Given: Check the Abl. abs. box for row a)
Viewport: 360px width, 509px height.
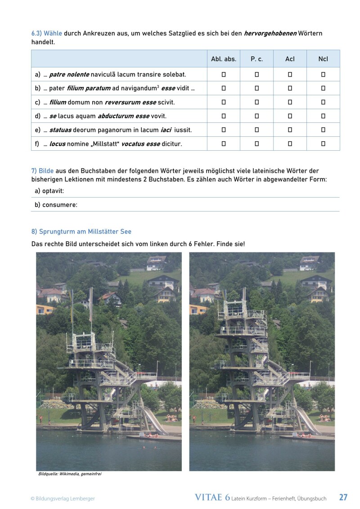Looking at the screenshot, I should pyautogui.click(x=224, y=74).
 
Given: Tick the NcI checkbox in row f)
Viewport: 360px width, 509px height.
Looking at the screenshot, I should pyautogui.click(x=323, y=144).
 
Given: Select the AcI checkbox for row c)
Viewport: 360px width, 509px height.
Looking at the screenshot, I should pyautogui.click(x=290, y=102).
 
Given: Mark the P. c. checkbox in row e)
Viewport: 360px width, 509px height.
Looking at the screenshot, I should pyautogui.click(x=256, y=130).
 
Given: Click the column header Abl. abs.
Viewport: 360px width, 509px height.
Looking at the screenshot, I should pyautogui.click(x=224, y=59).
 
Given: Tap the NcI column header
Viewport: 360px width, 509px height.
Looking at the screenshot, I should pyautogui.click(x=323, y=59).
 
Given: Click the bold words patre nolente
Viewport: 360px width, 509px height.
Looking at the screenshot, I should pyautogui.click(x=70, y=74).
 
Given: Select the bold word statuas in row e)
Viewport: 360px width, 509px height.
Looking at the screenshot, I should pyautogui.click(x=60, y=130).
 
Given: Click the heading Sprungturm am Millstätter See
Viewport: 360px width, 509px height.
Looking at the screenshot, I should pyautogui.click(x=81, y=231).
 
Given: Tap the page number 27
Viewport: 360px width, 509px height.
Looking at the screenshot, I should pyautogui.click(x=343, y=497).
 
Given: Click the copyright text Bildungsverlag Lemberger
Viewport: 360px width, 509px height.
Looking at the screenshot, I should pyautogui.click(x=63, y=498).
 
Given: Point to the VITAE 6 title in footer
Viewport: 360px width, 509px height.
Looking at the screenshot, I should pyautogui.click(x=212, y=497).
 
